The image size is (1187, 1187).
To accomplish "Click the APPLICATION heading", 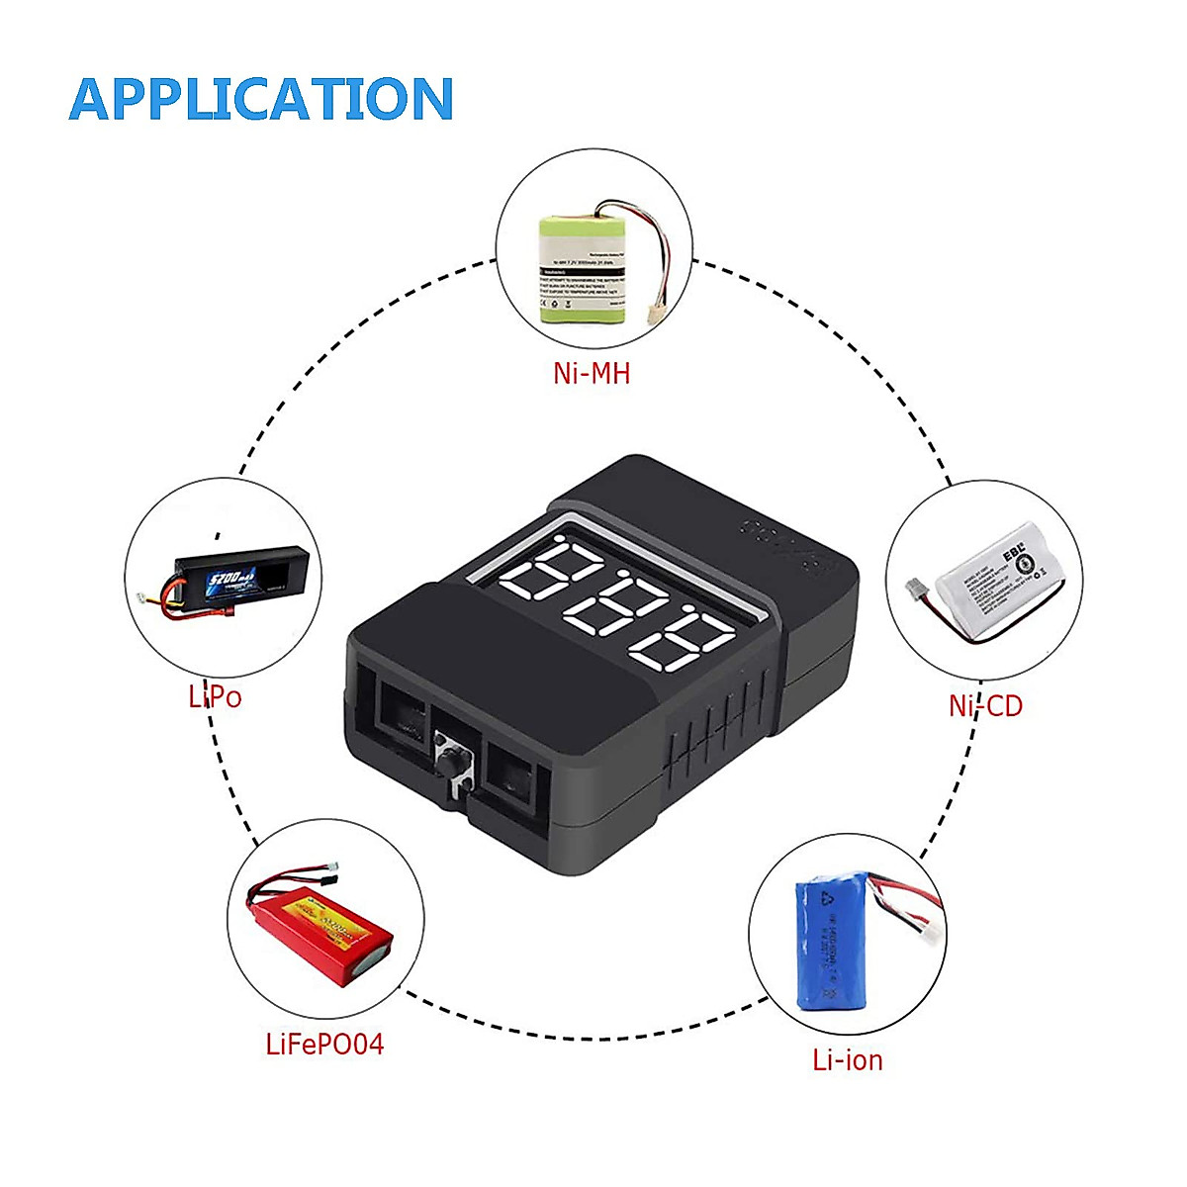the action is [261, 99].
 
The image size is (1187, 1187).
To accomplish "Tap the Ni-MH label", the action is [592, 373].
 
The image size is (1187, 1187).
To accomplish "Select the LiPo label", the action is [215, 696].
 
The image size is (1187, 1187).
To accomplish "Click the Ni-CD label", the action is [984, 705].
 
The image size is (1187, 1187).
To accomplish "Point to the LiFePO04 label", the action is [324, 1044].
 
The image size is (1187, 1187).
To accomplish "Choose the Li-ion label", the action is [847, 1059].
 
